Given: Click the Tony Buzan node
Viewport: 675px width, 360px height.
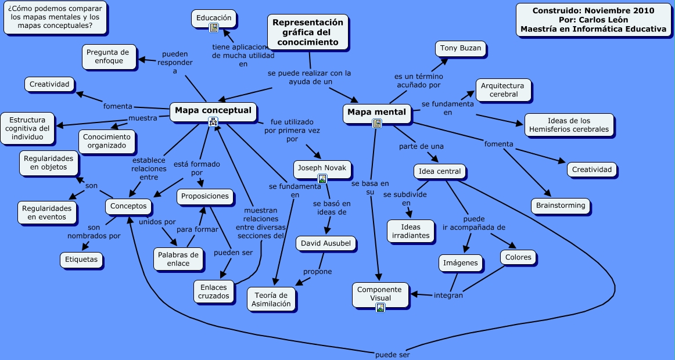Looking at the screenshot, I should pos(461,48).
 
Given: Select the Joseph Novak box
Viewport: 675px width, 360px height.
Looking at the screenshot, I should pos(322,168).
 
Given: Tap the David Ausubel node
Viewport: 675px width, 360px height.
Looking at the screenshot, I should pos(326,243).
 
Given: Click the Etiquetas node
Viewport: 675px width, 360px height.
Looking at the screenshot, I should pos(82,260).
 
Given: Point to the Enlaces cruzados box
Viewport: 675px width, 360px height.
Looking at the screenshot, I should pos(214,291).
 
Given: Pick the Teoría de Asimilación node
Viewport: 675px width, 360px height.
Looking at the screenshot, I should pos(271,300).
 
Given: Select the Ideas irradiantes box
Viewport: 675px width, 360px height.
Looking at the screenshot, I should pos(411,231).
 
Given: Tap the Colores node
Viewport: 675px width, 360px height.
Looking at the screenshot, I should pos(518,257).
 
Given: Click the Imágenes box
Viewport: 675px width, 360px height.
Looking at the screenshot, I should pos(461,262).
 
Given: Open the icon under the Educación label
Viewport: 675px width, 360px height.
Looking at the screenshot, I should pos(214,27).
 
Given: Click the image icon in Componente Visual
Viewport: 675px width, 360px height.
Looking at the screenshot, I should pos(380,308).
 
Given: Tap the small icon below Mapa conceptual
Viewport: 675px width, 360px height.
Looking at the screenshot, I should pos(213,121).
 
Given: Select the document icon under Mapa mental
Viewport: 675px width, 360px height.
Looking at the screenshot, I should pos(376,123).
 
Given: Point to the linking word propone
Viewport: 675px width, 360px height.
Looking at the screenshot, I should pos(318,272).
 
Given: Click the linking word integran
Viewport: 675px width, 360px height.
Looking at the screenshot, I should pos(448,295).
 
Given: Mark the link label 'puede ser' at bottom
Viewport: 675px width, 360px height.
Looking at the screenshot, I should pos(393,354).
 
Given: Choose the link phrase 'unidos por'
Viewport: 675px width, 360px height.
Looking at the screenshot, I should pos(157,222).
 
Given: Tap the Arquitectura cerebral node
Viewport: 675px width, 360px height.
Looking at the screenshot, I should pos(503,89).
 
